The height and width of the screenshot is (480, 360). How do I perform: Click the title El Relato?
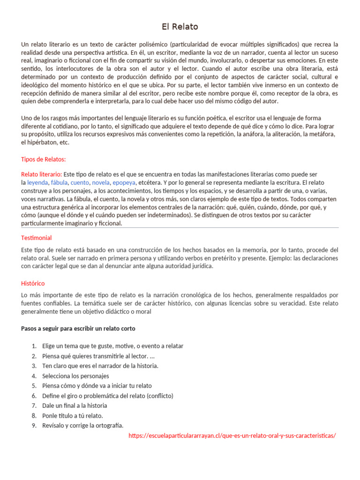[x=180, y=26]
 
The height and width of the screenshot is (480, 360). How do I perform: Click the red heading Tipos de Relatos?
[x=44, y=159]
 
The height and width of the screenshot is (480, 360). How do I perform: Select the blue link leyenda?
[x=37, y=182]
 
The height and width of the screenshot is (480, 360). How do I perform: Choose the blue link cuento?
[x=80, y=182]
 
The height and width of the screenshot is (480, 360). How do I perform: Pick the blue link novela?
[x=101, y=182]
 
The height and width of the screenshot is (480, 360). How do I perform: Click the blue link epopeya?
[x=124, y=182]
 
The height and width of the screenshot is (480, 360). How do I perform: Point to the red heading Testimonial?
[x=37, y=238]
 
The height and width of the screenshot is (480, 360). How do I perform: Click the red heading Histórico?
[x=33, y=284]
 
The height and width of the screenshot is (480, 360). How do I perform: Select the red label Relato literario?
[x=42, y=174]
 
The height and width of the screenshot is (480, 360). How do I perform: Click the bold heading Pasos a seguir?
[x=78, y=329]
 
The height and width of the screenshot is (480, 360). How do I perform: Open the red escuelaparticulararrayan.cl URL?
[x=232, y=435]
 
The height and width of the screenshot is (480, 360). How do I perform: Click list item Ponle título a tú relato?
[x=72, y=415]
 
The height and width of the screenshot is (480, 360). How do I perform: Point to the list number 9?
[x=34, y=425]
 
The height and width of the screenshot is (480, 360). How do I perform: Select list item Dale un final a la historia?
[x=75, y=405]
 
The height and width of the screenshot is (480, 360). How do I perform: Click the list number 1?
[x=34, y=346]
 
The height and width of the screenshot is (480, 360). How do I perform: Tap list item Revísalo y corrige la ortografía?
[x=82, y=425]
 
